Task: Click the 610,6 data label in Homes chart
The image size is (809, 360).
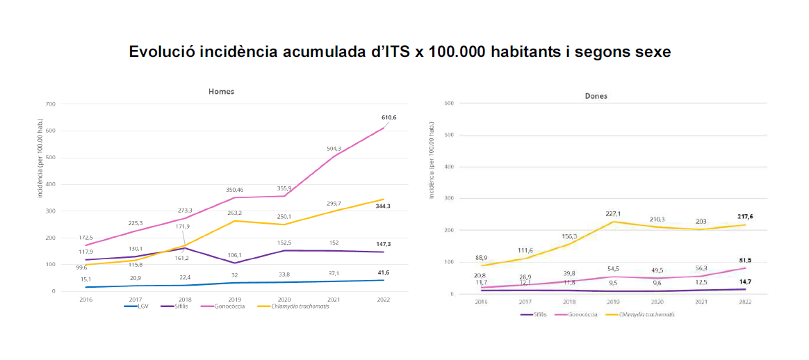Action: [x=388, y=117]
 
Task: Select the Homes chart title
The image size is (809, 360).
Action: [x=222, y=92]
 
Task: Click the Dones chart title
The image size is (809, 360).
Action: [x=596, y=96]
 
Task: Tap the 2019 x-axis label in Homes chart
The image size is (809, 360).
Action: [x=234, y=300]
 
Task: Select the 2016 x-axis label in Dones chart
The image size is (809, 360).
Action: [x=480, y=302]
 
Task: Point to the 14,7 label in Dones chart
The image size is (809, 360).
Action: [x=745, y=281]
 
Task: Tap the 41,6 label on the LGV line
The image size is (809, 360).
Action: [x=382, y=272]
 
